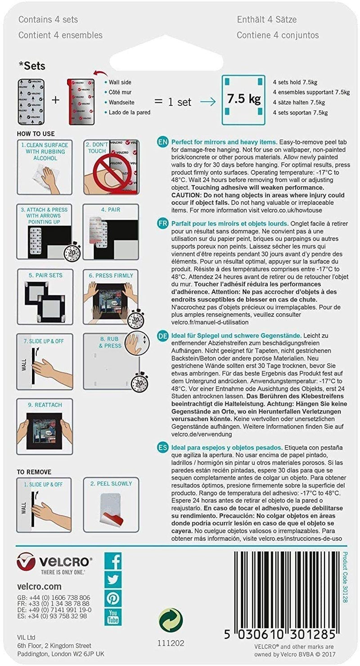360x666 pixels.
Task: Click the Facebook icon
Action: (x=113, y=561)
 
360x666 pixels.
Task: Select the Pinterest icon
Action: (x=113, y=598)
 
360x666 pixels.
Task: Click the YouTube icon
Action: (x=113, y=616)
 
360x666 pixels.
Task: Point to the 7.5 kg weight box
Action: (x=243, y=99)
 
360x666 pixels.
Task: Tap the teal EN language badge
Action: (x=163, y=142)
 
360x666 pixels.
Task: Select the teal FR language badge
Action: (x=163, y=224)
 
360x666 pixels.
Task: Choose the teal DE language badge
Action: (x=163, y=335)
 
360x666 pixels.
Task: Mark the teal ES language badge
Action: (x=163, y=448)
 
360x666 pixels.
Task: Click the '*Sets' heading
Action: (x=32, y=66)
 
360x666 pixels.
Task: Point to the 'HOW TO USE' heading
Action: (x=36, y=134)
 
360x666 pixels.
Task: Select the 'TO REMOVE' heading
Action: (x=34, y=472)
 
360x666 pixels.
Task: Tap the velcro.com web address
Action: (x=39, y=586)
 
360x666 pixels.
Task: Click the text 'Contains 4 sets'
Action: (x=48, y=19)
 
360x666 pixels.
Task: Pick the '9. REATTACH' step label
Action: (x=44, y=405)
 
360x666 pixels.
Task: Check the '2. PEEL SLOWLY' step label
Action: (x=111, y=484)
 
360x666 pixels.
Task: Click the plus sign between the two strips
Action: (x=55, y=100)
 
